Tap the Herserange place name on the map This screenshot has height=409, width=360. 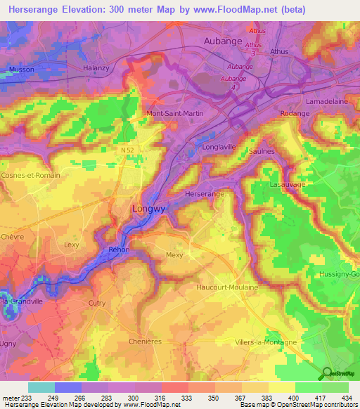204,193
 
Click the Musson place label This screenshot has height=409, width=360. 22,69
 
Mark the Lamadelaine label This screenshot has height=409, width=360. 328,102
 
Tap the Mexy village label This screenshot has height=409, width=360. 174,255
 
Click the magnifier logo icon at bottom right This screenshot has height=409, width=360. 326,373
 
